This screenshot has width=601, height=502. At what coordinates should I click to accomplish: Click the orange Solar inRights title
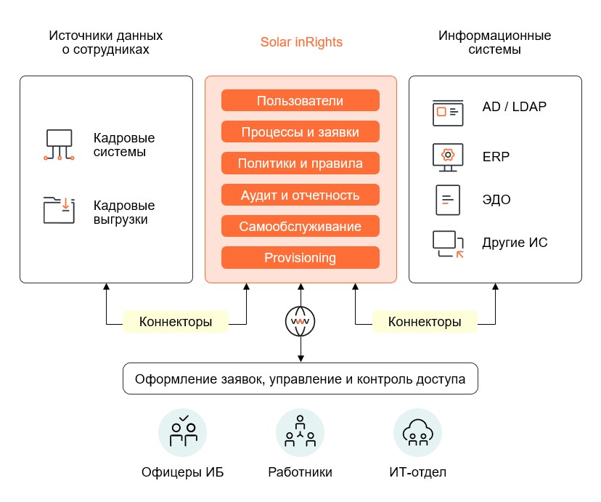point(301,42)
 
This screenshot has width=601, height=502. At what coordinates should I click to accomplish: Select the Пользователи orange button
point(300,100)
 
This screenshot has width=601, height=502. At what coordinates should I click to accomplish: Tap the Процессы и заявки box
point(300,131)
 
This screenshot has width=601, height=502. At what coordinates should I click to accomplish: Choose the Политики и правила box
point(300,163)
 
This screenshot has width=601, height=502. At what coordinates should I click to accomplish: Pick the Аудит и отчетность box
point(300,195)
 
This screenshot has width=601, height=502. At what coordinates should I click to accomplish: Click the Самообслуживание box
point(300,226)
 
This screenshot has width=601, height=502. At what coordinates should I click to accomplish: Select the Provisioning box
point(300,257)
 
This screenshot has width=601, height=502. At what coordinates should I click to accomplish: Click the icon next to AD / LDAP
point(447,111)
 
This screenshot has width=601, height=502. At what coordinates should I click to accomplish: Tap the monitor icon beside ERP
point(447,157)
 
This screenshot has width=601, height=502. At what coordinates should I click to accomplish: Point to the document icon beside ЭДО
point(447,199)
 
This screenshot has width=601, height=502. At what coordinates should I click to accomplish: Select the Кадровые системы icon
point(58,145)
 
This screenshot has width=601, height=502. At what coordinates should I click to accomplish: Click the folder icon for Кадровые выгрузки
point(58,209)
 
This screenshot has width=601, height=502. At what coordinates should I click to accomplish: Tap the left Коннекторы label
point(176,321)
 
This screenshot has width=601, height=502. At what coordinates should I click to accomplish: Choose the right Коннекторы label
point(425,321)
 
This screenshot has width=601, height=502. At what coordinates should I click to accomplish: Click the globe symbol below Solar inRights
point(300,321)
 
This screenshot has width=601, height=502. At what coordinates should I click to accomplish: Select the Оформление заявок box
point(300,378)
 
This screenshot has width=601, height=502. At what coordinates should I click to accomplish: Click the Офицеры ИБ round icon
point(183,433)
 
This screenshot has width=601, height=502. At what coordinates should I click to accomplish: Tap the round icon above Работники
point(300,433)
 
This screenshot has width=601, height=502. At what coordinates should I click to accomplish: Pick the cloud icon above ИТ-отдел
point(417,433)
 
